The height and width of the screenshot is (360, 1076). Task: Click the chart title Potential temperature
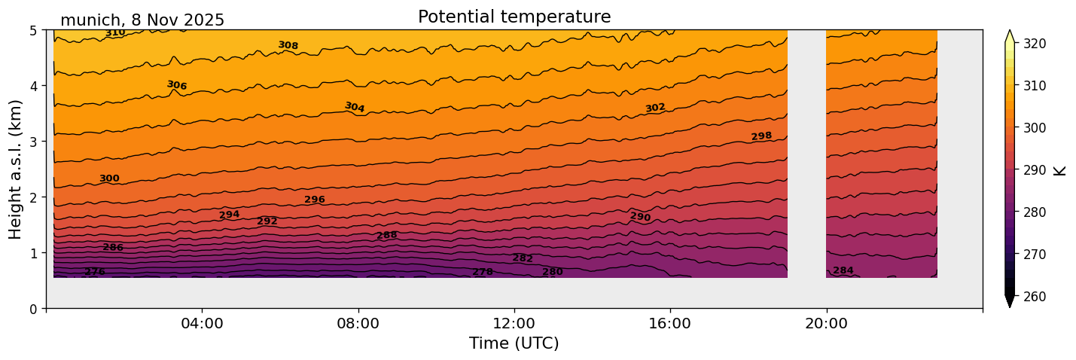[514, 17]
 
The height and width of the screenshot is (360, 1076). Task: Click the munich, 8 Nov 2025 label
[142, 20]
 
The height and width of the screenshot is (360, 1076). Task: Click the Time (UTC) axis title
[514, 343]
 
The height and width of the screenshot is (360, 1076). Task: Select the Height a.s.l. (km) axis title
[16, 169]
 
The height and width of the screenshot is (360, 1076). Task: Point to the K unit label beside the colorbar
[1060, 170]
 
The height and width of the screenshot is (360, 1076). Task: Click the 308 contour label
[288, 46]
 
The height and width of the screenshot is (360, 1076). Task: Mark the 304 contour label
[355, 108]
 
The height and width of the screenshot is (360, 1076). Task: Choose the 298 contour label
[761, 136]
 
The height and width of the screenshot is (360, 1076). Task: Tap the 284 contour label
[843, 271]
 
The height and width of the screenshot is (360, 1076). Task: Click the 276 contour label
[95, 272]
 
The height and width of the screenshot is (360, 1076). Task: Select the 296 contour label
[315, 200]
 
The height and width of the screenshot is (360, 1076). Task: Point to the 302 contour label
[655, 108]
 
